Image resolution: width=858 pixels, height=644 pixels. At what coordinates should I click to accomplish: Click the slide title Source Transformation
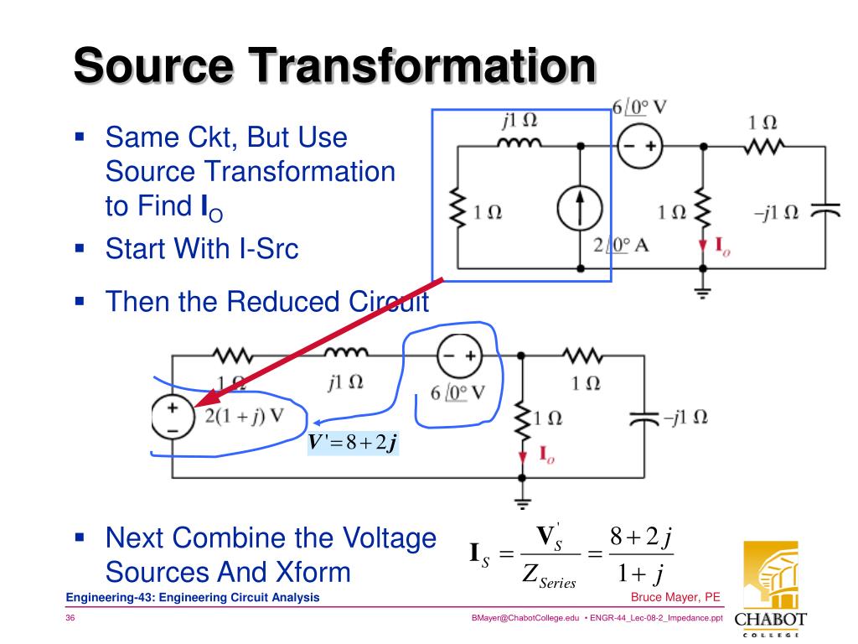[x=334, y=66]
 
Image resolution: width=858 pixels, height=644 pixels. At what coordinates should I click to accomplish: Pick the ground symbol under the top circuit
[x=702, y=293]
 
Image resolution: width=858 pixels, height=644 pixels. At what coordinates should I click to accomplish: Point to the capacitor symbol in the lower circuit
[x=644, y=418]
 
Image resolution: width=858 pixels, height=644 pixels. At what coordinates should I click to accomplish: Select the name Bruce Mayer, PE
[x=675, y=597]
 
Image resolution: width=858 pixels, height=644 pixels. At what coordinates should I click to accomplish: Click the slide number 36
[x=70, y=619]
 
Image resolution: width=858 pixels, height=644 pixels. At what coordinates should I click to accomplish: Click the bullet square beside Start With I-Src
[x=80, y=249]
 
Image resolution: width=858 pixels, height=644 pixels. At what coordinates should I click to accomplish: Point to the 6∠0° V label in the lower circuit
[x=457, y=393]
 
